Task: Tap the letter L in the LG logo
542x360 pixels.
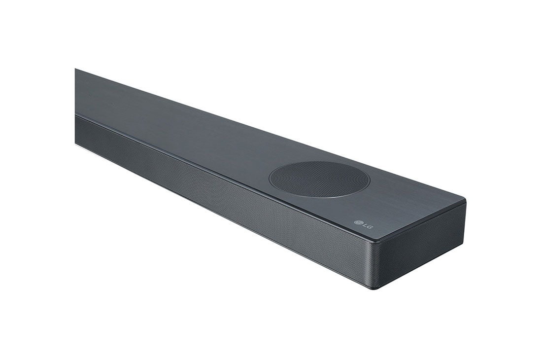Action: [x=365, y=225]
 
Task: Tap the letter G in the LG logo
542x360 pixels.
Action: [x=370, y=227]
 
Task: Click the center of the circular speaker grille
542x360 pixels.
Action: [x=319, y=179]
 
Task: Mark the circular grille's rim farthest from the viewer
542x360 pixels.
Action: [x=315, y=162]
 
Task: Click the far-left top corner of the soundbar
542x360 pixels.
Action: [x=75, y=69]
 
